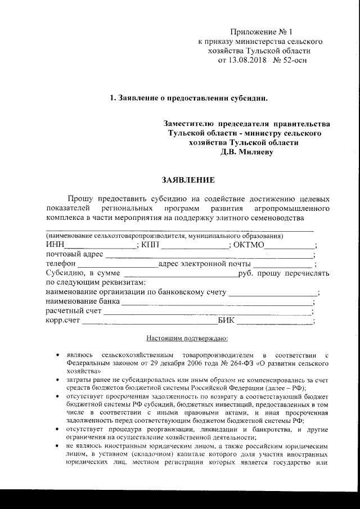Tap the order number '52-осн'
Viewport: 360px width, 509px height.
coord(294,59)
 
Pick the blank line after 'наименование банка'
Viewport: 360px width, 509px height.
coord(217,302)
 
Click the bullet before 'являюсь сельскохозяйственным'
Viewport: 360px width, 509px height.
coord(58,355)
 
